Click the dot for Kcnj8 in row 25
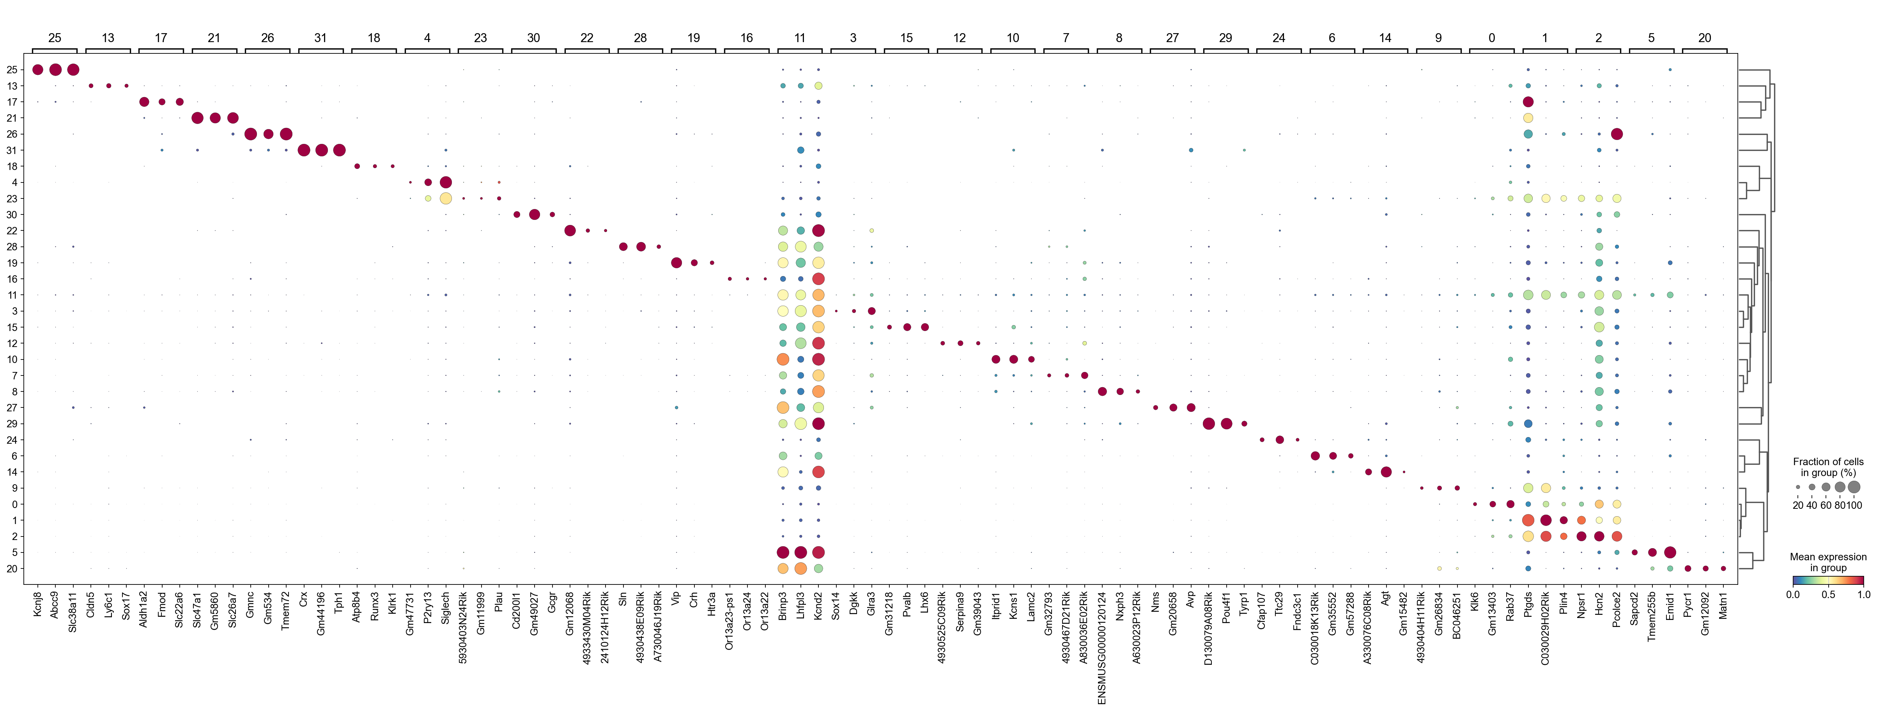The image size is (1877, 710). tap(38, 70)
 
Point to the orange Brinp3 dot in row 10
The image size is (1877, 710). tap(783, 359)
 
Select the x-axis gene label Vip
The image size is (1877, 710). tap(676, 599)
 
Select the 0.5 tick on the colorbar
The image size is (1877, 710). tap(1828, 594)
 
